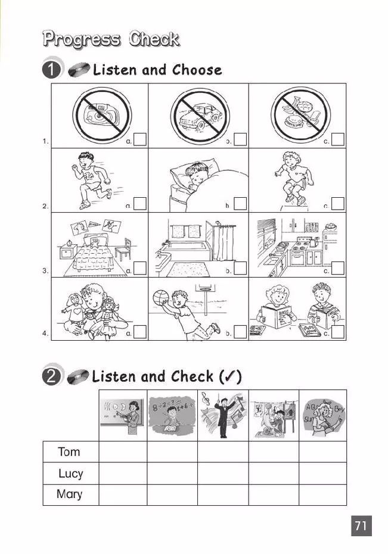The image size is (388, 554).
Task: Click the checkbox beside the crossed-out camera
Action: pos(140,140)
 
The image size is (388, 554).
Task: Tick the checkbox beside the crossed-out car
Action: pos(240,140)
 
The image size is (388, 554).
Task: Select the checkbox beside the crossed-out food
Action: pos(338,140)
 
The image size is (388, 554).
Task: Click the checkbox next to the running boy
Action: pos(140,204)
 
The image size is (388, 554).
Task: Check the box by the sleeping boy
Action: pos(240,204)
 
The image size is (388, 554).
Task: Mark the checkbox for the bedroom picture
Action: pos(140,268)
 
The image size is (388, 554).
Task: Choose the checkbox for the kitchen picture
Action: pos(338,268)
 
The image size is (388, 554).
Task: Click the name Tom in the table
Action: pos(70,452)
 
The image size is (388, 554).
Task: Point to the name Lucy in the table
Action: pos(70,474)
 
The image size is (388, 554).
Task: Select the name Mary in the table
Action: pos(70,494)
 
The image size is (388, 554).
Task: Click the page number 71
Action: pos(361,526)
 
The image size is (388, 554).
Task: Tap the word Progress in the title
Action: pos(80,40)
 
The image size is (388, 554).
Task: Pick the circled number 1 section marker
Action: pos(52,70)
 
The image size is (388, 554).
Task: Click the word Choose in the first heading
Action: pos(197,70)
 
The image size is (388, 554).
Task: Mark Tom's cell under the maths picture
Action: pos(172,452)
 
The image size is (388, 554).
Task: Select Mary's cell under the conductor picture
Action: pos(222,494)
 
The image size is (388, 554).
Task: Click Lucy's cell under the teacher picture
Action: pos(122,474)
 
